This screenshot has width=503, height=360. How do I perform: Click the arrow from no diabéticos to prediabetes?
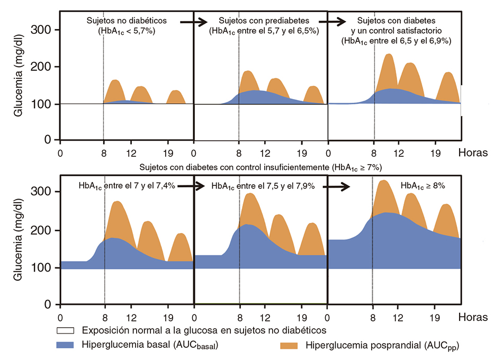click(193, 22)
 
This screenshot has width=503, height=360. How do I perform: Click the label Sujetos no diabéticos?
click(127, 21)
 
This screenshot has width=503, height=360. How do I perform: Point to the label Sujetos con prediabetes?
click(264, 21)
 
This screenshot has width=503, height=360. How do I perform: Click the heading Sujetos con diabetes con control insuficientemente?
click(261, 167)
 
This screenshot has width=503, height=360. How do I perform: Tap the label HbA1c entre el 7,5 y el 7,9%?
click(263, 186)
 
